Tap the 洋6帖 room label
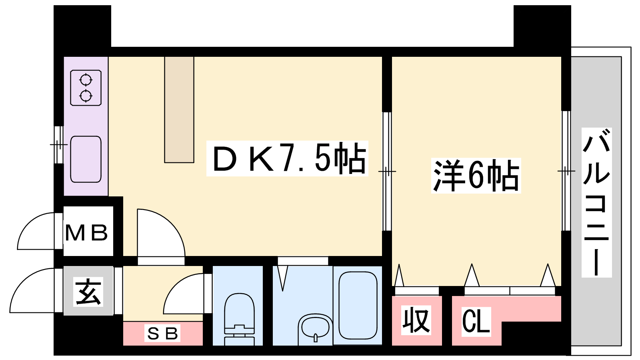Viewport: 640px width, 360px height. click(476, 176)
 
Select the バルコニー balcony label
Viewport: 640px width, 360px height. click(596, 202)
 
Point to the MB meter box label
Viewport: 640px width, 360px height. click(86, 232)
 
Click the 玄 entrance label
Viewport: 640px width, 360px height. click(88, 292)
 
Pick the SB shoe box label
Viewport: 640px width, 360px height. click(162, 334)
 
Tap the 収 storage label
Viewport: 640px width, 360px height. click(416, 320)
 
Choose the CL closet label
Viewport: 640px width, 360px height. click(476, 321)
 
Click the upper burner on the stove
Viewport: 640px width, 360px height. click(86, 80)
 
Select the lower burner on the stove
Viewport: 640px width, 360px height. click(86, 96)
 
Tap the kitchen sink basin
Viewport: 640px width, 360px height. click(86, 159)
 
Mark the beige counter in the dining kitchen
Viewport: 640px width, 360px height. click(179, 110)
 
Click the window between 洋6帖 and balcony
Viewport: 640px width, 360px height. click(566, 171)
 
